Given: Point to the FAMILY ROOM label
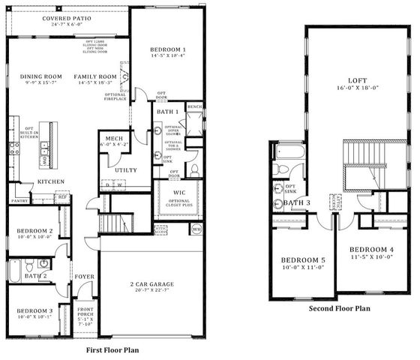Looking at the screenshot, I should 95,77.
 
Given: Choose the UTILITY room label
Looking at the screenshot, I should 125,170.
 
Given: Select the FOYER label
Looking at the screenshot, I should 84,276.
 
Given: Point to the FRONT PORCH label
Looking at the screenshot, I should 85,311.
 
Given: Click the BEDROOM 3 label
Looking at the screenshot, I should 34,310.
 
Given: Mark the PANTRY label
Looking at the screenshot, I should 19,200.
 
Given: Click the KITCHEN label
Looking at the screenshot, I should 50,181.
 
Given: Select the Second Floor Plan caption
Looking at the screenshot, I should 340,308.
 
